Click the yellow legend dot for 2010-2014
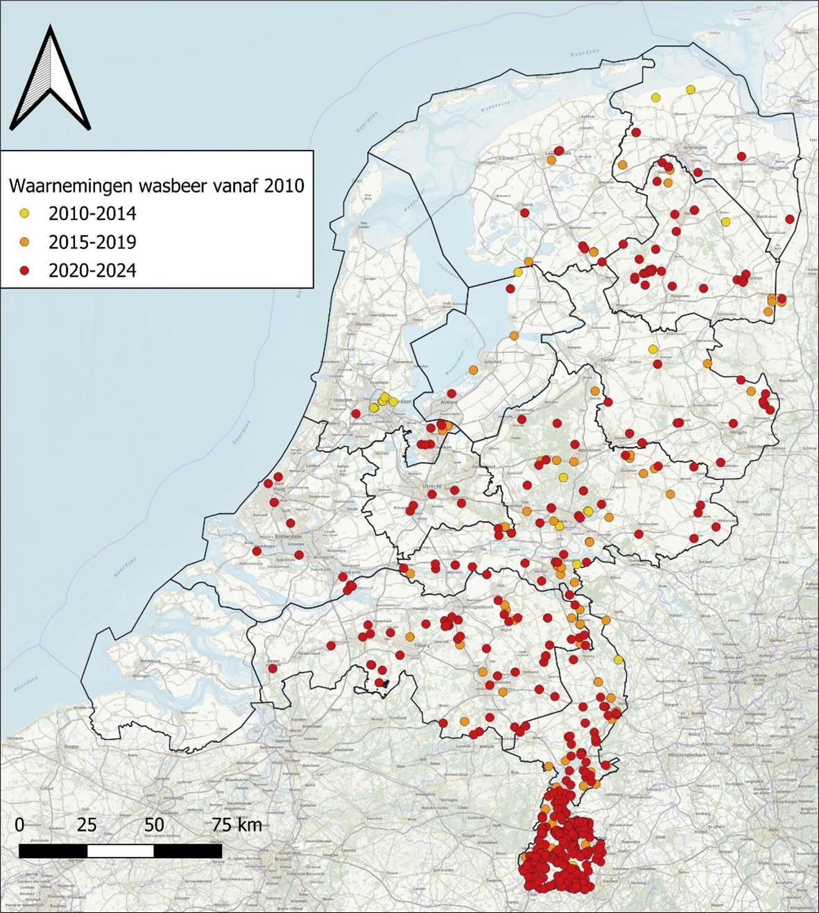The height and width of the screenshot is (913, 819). pos(24,213)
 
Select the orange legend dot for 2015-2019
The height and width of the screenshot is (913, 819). pos(24,242)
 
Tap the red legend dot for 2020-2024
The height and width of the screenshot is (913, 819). pos(24,271)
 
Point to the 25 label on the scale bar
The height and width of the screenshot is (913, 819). pos(87,825)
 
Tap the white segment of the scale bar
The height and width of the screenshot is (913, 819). pos(121,850)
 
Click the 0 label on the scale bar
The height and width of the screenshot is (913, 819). pos(19,825)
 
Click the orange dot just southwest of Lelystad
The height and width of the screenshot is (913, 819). pos(474,370)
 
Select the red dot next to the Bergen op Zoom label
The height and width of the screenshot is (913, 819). pos(271,669)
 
